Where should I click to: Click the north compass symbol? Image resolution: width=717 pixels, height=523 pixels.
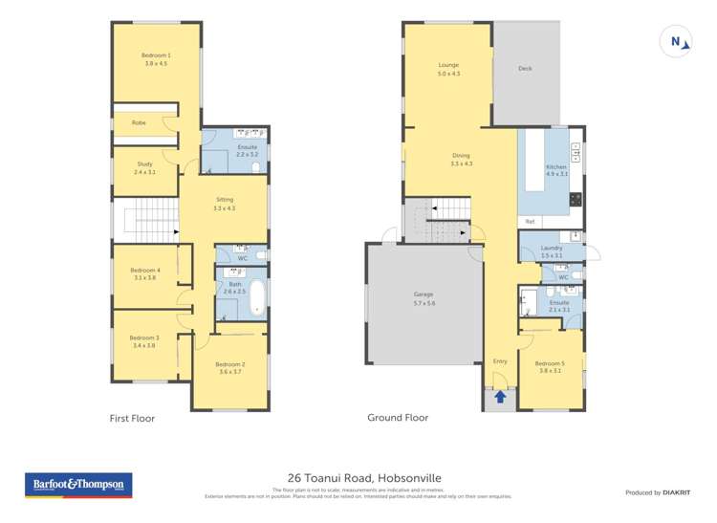pyautogui.click(x=677, y=41)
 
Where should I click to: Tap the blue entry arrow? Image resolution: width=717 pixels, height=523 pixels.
pyautogui.click(x=499, y=396)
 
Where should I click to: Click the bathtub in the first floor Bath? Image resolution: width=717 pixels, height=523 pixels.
pyautogui.click(x=257, y=297)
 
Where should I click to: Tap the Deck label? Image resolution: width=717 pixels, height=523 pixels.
pyautogui.click(x=525, y=69)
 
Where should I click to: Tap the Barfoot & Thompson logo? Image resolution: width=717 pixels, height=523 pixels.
pyautogui.click(x=78, y=485)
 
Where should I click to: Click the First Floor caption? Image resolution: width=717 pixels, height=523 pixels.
pyautogui.click(x=132, y=418)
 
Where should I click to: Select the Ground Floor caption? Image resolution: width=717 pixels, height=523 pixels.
pyautogui.click(x=398, y=418)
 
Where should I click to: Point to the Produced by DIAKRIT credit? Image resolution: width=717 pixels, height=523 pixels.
pyautogui.click(x=657, y=492)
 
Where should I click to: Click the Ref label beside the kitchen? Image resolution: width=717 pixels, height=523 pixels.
pyautogui.click(x=530, y=222)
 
